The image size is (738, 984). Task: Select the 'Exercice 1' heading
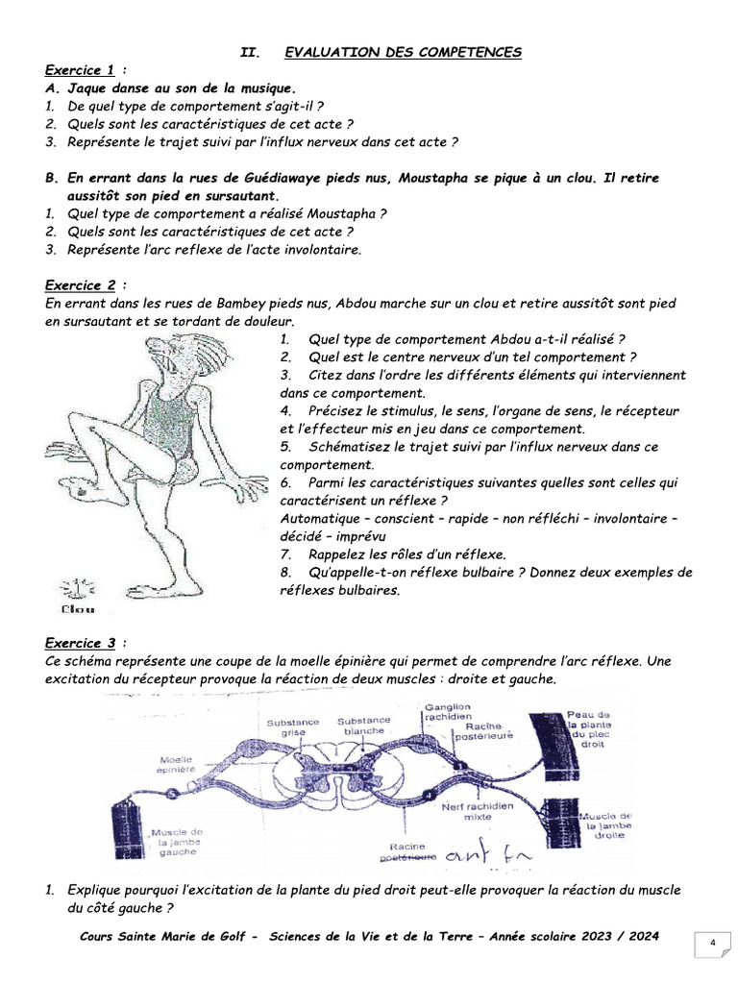point(80,70)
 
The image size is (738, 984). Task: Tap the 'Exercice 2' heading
point(80,285)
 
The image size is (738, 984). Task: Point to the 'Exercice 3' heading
point(80,643)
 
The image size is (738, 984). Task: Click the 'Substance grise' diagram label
point(287,726)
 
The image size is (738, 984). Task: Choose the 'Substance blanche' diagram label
point(363,726)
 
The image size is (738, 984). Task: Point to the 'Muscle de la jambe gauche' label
point(177,842)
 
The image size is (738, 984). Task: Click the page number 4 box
point(712,943)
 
